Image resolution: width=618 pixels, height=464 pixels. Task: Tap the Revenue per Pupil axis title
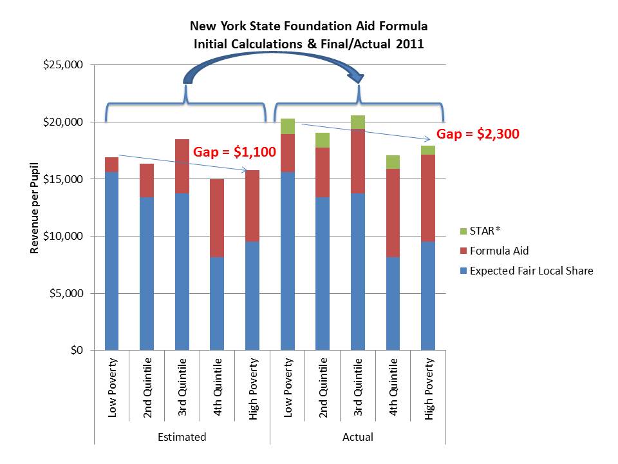point(36,207)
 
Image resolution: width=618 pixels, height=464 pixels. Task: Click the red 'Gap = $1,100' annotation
point(235,152)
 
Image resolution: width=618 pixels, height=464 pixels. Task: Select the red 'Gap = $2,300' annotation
point(478,134)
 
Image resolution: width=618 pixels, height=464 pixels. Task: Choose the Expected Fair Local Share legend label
point(531,271)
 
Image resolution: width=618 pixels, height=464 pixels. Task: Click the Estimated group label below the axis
point(182,436)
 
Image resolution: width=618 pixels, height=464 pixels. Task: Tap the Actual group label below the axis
point(358,436)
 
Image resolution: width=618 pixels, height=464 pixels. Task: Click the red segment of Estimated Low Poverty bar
point(111,164)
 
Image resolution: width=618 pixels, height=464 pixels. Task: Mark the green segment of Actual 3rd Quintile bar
point(358,122)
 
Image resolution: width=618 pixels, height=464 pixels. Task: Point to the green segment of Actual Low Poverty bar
point(288,126)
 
